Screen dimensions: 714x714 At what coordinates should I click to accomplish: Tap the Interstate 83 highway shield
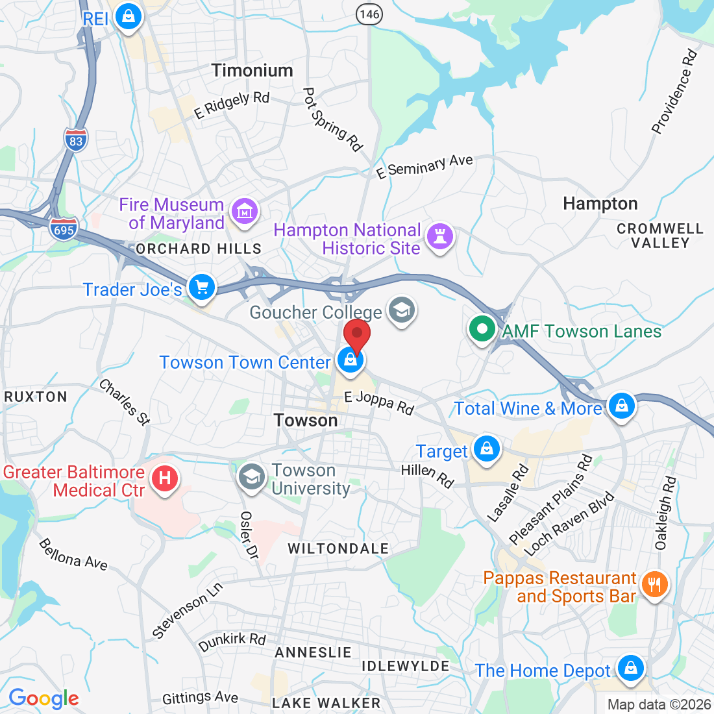point(76,140)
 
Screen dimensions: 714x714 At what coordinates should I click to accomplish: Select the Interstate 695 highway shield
point(64,229)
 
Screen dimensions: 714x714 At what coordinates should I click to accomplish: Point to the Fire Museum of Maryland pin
point(245,212)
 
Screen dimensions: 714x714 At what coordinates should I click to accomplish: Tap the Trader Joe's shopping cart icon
point(201,286)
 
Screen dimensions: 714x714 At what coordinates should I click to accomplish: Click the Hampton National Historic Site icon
point(441,236)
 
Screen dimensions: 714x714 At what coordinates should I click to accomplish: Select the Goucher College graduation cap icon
point(401,310)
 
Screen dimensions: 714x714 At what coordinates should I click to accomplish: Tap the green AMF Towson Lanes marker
point(482,330)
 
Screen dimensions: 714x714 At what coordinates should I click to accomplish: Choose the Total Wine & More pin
point(622,406)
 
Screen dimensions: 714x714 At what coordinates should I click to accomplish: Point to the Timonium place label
point(252,70)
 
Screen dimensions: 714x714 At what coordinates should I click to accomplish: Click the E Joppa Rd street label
point(379,402)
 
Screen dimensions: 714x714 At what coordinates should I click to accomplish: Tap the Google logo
point(43,698)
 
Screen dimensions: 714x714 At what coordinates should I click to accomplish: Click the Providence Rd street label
point(675,92)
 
